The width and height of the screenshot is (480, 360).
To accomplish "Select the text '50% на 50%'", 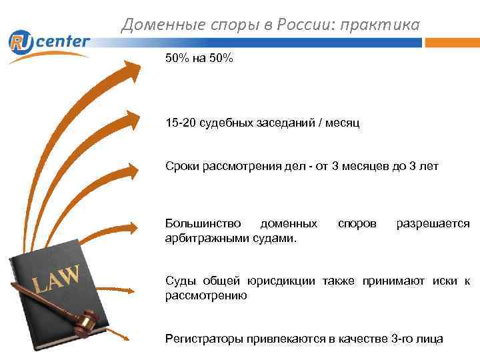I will (x=199, y=59).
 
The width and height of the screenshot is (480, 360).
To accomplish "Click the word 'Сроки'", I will (x=181, y=166).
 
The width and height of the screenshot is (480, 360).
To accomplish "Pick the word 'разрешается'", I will (x=433, y=224).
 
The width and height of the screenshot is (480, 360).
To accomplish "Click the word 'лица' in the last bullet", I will (x=431, y=339).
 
